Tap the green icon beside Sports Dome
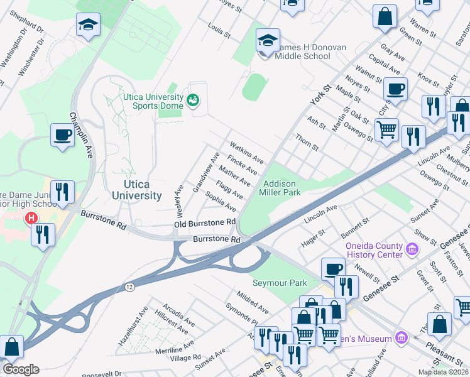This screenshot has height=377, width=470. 193,101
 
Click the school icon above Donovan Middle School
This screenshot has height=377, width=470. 268,41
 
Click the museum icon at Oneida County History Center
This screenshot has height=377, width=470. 412,250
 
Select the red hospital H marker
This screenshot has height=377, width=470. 30,218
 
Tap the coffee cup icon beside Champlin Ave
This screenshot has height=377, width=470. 63,136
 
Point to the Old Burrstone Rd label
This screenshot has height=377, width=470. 204,223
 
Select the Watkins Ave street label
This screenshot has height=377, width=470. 247,151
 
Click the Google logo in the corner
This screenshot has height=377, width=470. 21,369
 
